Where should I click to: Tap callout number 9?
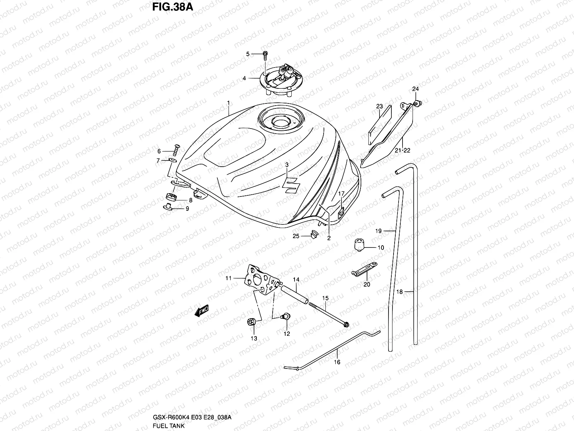[187, 209]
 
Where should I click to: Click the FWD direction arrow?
[202, 311]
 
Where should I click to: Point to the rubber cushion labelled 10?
[359, 245]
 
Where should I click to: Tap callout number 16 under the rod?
[338, 362]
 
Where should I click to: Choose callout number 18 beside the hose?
[400, 292]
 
